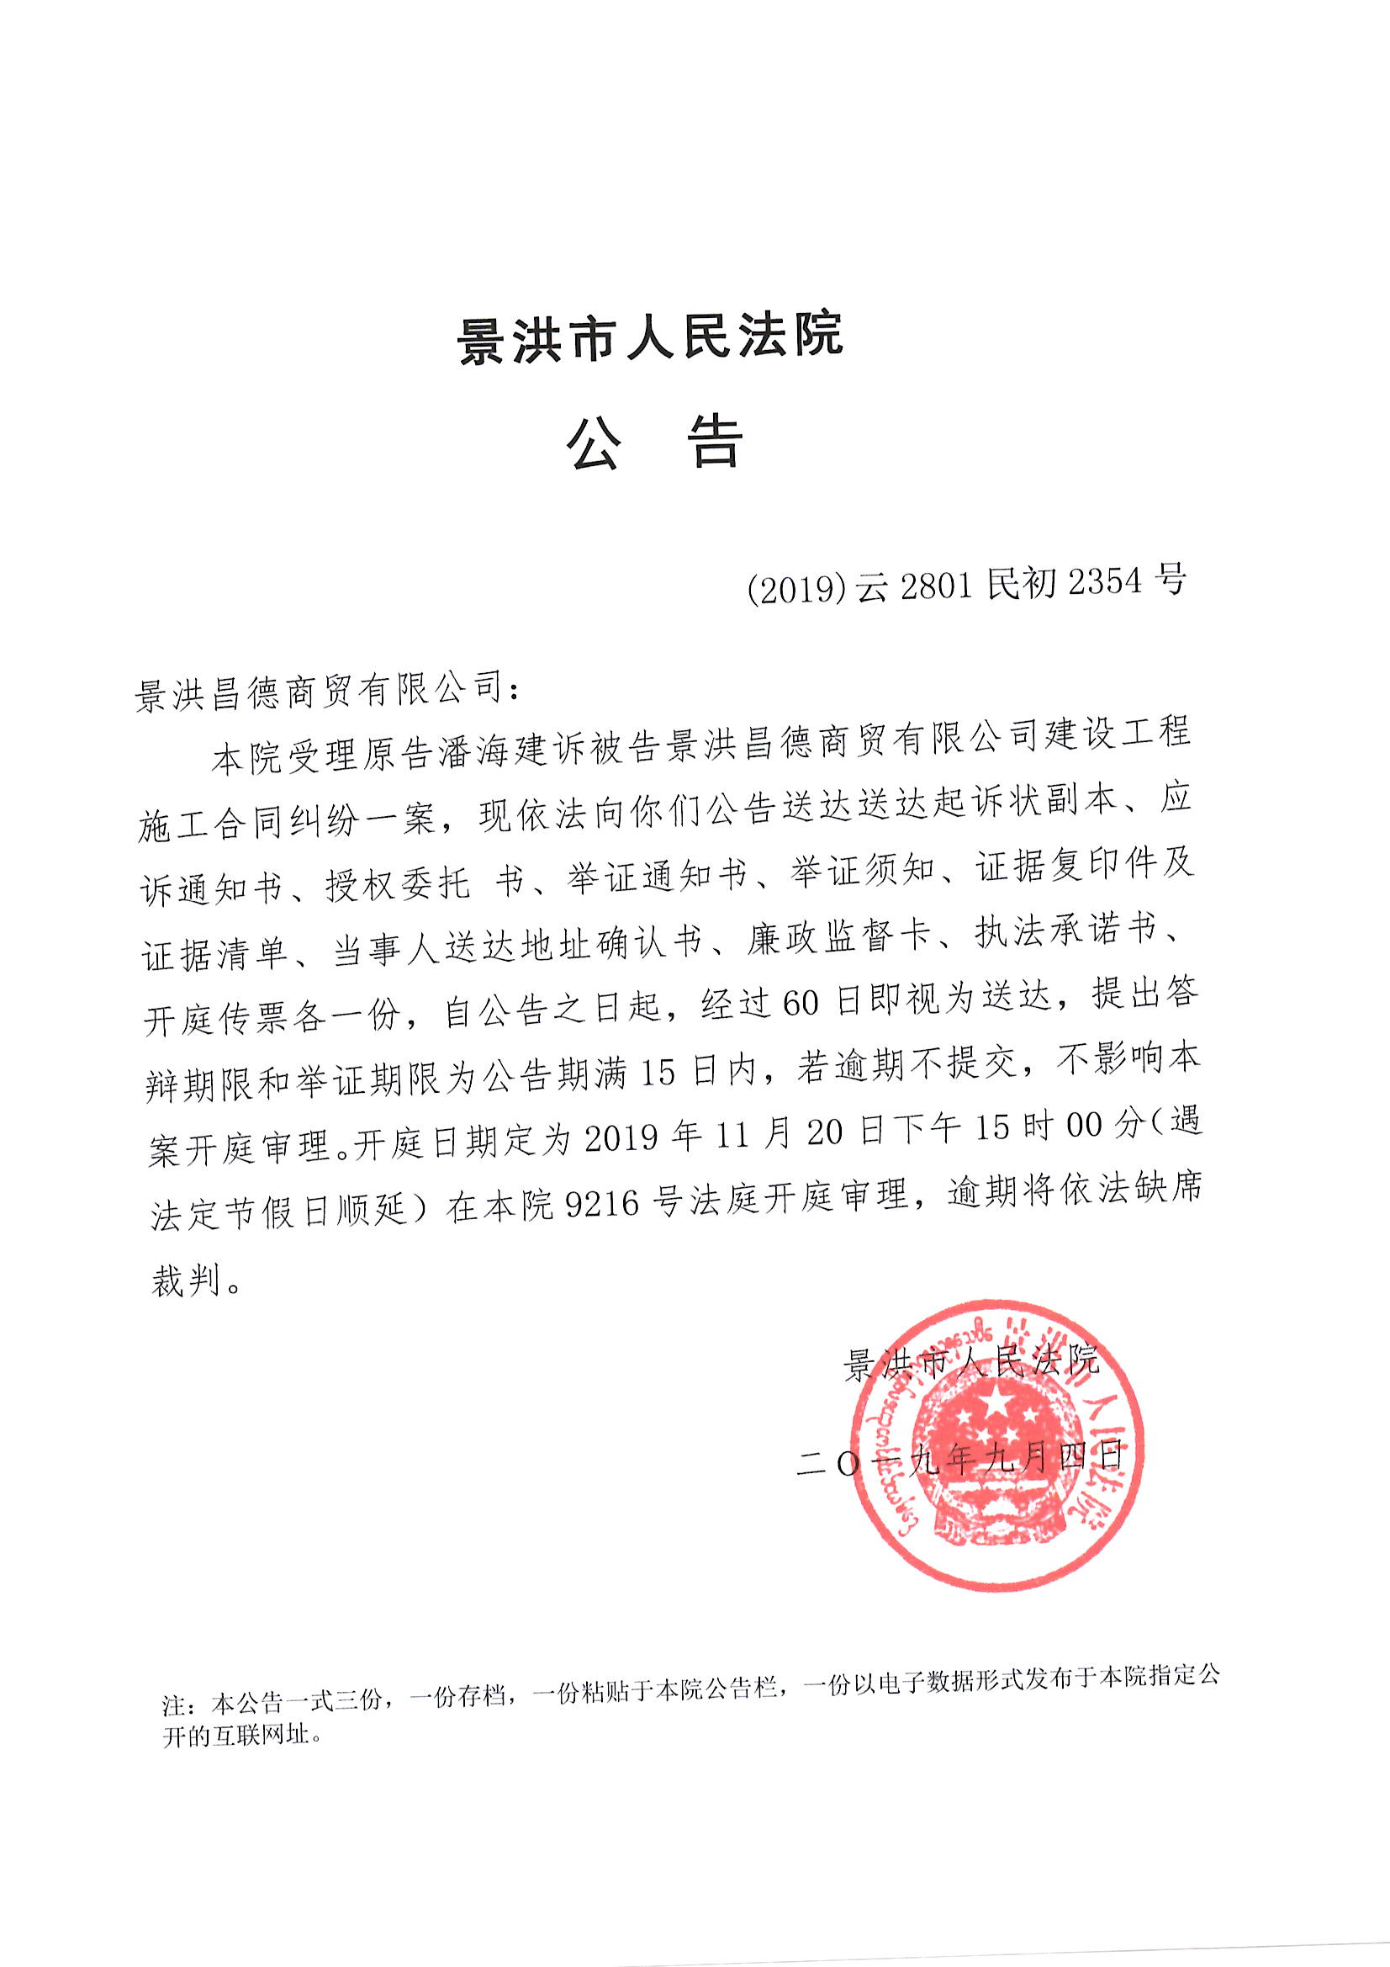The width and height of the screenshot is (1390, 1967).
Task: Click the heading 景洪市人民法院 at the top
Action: tap(651, 337)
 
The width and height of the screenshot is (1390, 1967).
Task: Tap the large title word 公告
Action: tap(655, 442)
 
